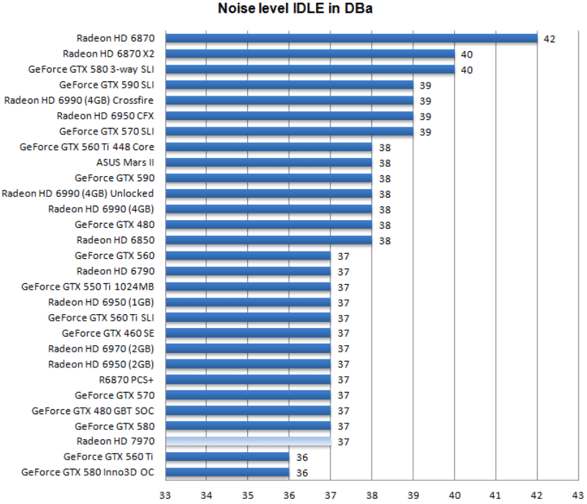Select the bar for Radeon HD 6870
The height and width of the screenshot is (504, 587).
tap(351, 38)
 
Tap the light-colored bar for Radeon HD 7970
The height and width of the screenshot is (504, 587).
tap(248, 441)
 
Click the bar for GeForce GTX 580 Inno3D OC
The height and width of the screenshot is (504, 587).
tap(227, 472)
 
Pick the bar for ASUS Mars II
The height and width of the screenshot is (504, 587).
tap(269, 162)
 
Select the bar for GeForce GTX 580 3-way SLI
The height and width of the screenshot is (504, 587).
tap(310, 69)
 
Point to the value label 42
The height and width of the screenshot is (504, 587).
tap(550, 39)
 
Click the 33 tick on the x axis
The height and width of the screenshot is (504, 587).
tap(165, 495)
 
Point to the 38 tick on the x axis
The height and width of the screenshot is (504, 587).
tap(371, 495)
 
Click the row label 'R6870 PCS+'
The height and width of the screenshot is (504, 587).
tap(126, 380)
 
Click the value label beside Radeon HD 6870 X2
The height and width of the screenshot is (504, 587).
tap(467, 55)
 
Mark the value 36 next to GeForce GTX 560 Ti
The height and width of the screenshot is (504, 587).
tap(302, 457)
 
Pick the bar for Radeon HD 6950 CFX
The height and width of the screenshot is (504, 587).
tap(289, 116)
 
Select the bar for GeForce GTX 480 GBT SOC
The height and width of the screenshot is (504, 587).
tap(248, 411)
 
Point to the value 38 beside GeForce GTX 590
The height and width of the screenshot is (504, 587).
tap(384, 178)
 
